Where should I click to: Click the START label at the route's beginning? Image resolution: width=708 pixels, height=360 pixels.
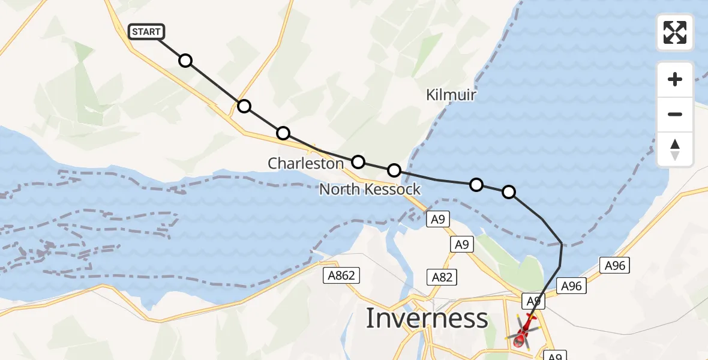click(146, 32)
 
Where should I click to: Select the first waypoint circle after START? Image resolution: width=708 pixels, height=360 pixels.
click(185, 61)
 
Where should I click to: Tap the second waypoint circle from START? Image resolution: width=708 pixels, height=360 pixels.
click(244, 106)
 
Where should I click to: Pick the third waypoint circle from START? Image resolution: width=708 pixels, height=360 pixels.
click(283, 133)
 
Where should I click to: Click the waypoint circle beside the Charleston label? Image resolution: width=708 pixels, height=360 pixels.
click(358, 161)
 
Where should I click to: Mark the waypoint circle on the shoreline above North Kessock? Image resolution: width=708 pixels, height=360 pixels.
click(394, 170)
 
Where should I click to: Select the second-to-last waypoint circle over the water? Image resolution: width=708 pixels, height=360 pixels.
click(476, 184)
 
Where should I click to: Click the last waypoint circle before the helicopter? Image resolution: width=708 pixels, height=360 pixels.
click(508, 192)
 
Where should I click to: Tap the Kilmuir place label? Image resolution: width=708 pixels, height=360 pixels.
click(451, 95)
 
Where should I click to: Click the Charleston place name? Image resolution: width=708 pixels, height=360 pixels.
click(305, 163)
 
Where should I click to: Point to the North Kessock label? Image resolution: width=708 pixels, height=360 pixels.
click(370, 190)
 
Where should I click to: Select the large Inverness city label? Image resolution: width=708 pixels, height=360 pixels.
click(427, 318)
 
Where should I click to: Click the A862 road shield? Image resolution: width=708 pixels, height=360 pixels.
click(342, 276)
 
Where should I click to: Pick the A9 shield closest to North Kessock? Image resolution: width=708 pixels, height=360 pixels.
click(437, 220)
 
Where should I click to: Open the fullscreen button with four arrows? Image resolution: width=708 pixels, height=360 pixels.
click(675, 32)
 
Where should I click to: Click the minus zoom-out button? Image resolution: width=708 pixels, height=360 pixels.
click(675, 114)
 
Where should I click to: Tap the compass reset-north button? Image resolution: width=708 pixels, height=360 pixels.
click(675, 149)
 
